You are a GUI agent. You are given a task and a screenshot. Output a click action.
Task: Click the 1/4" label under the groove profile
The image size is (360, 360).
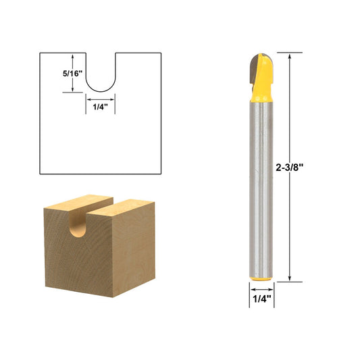tap(100, 106)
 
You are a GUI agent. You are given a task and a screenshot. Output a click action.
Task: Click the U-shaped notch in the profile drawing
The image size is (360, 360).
tap(100, 74)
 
